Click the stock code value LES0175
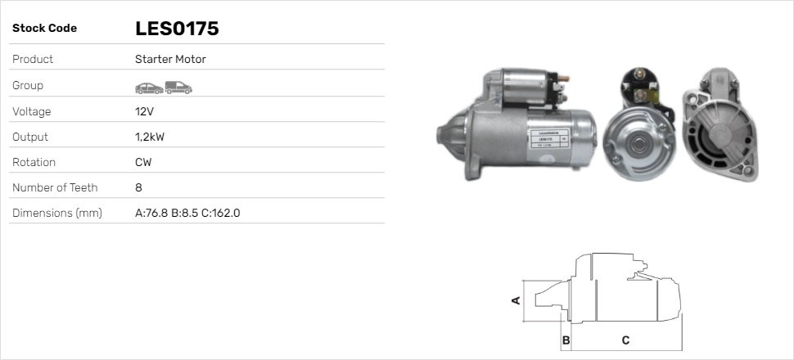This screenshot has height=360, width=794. (177, 29)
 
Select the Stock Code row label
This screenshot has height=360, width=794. (44, 29)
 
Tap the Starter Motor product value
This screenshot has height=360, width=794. (170, 59)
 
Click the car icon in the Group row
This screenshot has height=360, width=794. (149, 88)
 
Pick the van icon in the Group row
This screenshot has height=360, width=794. (178, 88)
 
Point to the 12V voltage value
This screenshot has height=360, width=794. (144, 111)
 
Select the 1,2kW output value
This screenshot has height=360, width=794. (150, 137)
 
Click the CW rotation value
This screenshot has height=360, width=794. (143, 163)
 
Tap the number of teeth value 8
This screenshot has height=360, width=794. (139, 188)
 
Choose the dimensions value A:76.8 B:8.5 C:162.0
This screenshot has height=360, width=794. (188, 214)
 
